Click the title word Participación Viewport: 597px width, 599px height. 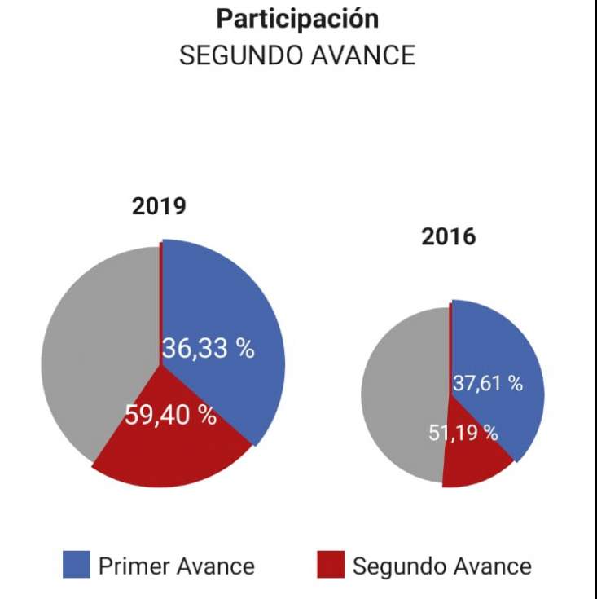(297, 19)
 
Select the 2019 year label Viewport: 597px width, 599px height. (159, 207)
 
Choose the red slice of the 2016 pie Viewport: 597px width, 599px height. (472, 465)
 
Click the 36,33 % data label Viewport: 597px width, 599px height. (208, 349)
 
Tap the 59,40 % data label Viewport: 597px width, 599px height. (170, 415)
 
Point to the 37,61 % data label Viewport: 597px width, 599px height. (487, 383)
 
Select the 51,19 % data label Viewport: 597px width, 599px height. (463, 433)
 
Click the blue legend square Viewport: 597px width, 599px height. (76, 565)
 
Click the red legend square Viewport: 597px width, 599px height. (330, 565)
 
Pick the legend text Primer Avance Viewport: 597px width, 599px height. (176, 566)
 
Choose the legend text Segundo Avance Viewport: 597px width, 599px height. (441, 566)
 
